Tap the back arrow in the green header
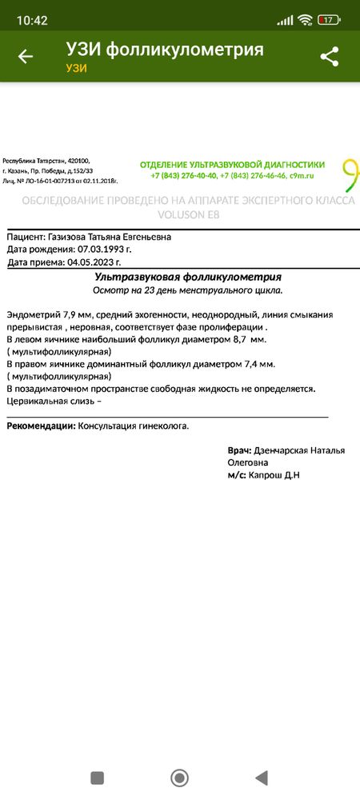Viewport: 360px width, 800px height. click(26, 56)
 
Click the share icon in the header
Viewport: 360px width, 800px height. click(329, 56)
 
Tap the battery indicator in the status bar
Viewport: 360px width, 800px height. click(327, 19)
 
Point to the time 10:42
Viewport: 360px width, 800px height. click(32, 19)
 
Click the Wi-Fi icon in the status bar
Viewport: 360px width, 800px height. click(304, 19)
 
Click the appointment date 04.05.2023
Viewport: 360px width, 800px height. click(94, 262)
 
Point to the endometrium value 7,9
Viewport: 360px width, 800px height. click(74, 315)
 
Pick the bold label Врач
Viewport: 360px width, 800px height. click(239, 450)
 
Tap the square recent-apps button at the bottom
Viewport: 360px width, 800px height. click(98, 777)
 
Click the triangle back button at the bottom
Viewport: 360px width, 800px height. click(260, 777)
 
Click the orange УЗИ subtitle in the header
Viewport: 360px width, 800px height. click(76, 68)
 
